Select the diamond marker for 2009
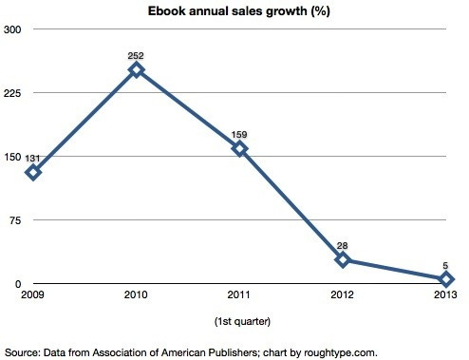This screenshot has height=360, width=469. (34, 172)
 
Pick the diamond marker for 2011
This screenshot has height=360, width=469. (239, 148)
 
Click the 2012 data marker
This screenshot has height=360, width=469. (343, 259)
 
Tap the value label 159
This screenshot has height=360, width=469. (239, 135)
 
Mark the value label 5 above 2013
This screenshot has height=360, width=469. (445, 267)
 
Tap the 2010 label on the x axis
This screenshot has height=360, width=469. (136, 296)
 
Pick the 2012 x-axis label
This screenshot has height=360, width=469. (343, 296)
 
